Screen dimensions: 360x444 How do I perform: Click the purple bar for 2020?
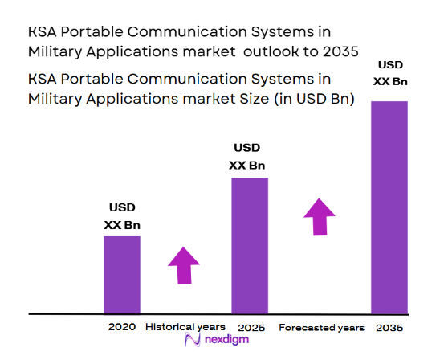click(122, 274)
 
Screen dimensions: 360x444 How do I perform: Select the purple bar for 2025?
click(250, 245)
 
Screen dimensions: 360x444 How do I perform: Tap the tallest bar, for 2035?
click(389, 207)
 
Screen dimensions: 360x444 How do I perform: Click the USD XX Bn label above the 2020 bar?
click(123, 217)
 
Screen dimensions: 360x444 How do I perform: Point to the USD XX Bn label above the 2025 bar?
click(246, 157)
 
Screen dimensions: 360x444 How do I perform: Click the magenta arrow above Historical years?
click(184, 264)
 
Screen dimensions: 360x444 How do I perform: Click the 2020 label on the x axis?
click(122, 327)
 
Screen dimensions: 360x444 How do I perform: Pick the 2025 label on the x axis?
click(251, 328)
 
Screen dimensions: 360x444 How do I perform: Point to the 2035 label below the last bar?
click(389, 328)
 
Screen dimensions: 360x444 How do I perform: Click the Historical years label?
click(185, 327)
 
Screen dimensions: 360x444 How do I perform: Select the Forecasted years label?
click(321, 328)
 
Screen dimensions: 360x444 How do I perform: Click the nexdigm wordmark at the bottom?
click(226, 341)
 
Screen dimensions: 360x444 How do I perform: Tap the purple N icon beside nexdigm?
click(192, 341)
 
